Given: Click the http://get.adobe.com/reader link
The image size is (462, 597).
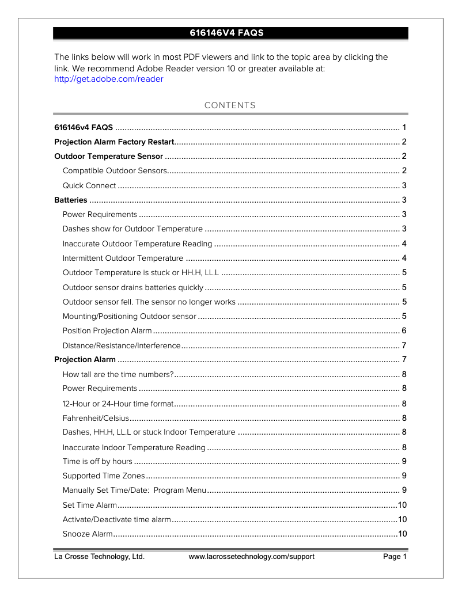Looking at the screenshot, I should point(108,79).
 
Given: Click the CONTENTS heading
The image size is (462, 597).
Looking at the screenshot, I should point(230,105).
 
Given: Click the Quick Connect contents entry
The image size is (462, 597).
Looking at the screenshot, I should point(89,185).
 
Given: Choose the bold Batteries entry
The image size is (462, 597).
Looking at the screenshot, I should point(71,200).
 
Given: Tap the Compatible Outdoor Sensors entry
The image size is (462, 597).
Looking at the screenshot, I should point(114,171).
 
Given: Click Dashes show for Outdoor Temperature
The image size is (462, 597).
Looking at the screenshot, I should point(132,229).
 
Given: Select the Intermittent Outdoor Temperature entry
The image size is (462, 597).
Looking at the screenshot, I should point(123,258).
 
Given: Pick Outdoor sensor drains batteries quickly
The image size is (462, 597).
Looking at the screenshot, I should point(132,287).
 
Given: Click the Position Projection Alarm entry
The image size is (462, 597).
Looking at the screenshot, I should point(107,330).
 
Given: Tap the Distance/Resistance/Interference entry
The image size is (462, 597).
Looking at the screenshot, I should point(122,345).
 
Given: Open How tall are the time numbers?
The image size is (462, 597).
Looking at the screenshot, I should point(118,375).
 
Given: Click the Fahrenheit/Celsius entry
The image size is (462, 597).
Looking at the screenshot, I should point(96,418).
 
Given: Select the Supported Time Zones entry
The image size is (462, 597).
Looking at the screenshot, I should point(104,476).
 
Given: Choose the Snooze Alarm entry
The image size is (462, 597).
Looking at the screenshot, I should point(88,534).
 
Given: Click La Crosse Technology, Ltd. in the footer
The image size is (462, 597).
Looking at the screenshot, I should point(99,557).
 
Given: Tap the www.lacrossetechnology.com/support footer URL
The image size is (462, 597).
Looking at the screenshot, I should point(252,557).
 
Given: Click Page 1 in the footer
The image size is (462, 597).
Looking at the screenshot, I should point(395,557).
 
